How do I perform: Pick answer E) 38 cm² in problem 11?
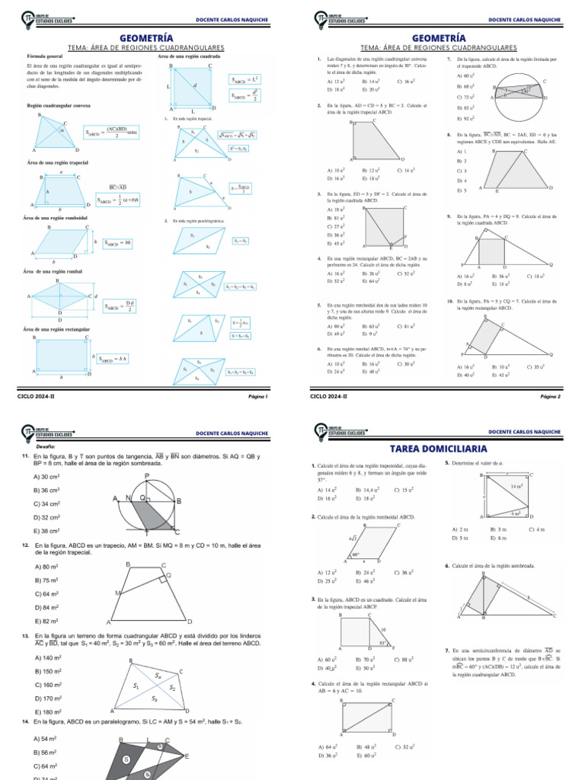click(x=47, y=531)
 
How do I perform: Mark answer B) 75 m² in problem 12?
click(x=46, y=580)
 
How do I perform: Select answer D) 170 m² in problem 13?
click(x=48, y=698)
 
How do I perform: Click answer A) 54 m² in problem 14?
click(x=46, y=739)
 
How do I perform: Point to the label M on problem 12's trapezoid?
click(x=117, y=593)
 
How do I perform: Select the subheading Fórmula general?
click(x=45, y=56)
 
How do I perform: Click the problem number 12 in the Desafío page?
click(x=26, y=545)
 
